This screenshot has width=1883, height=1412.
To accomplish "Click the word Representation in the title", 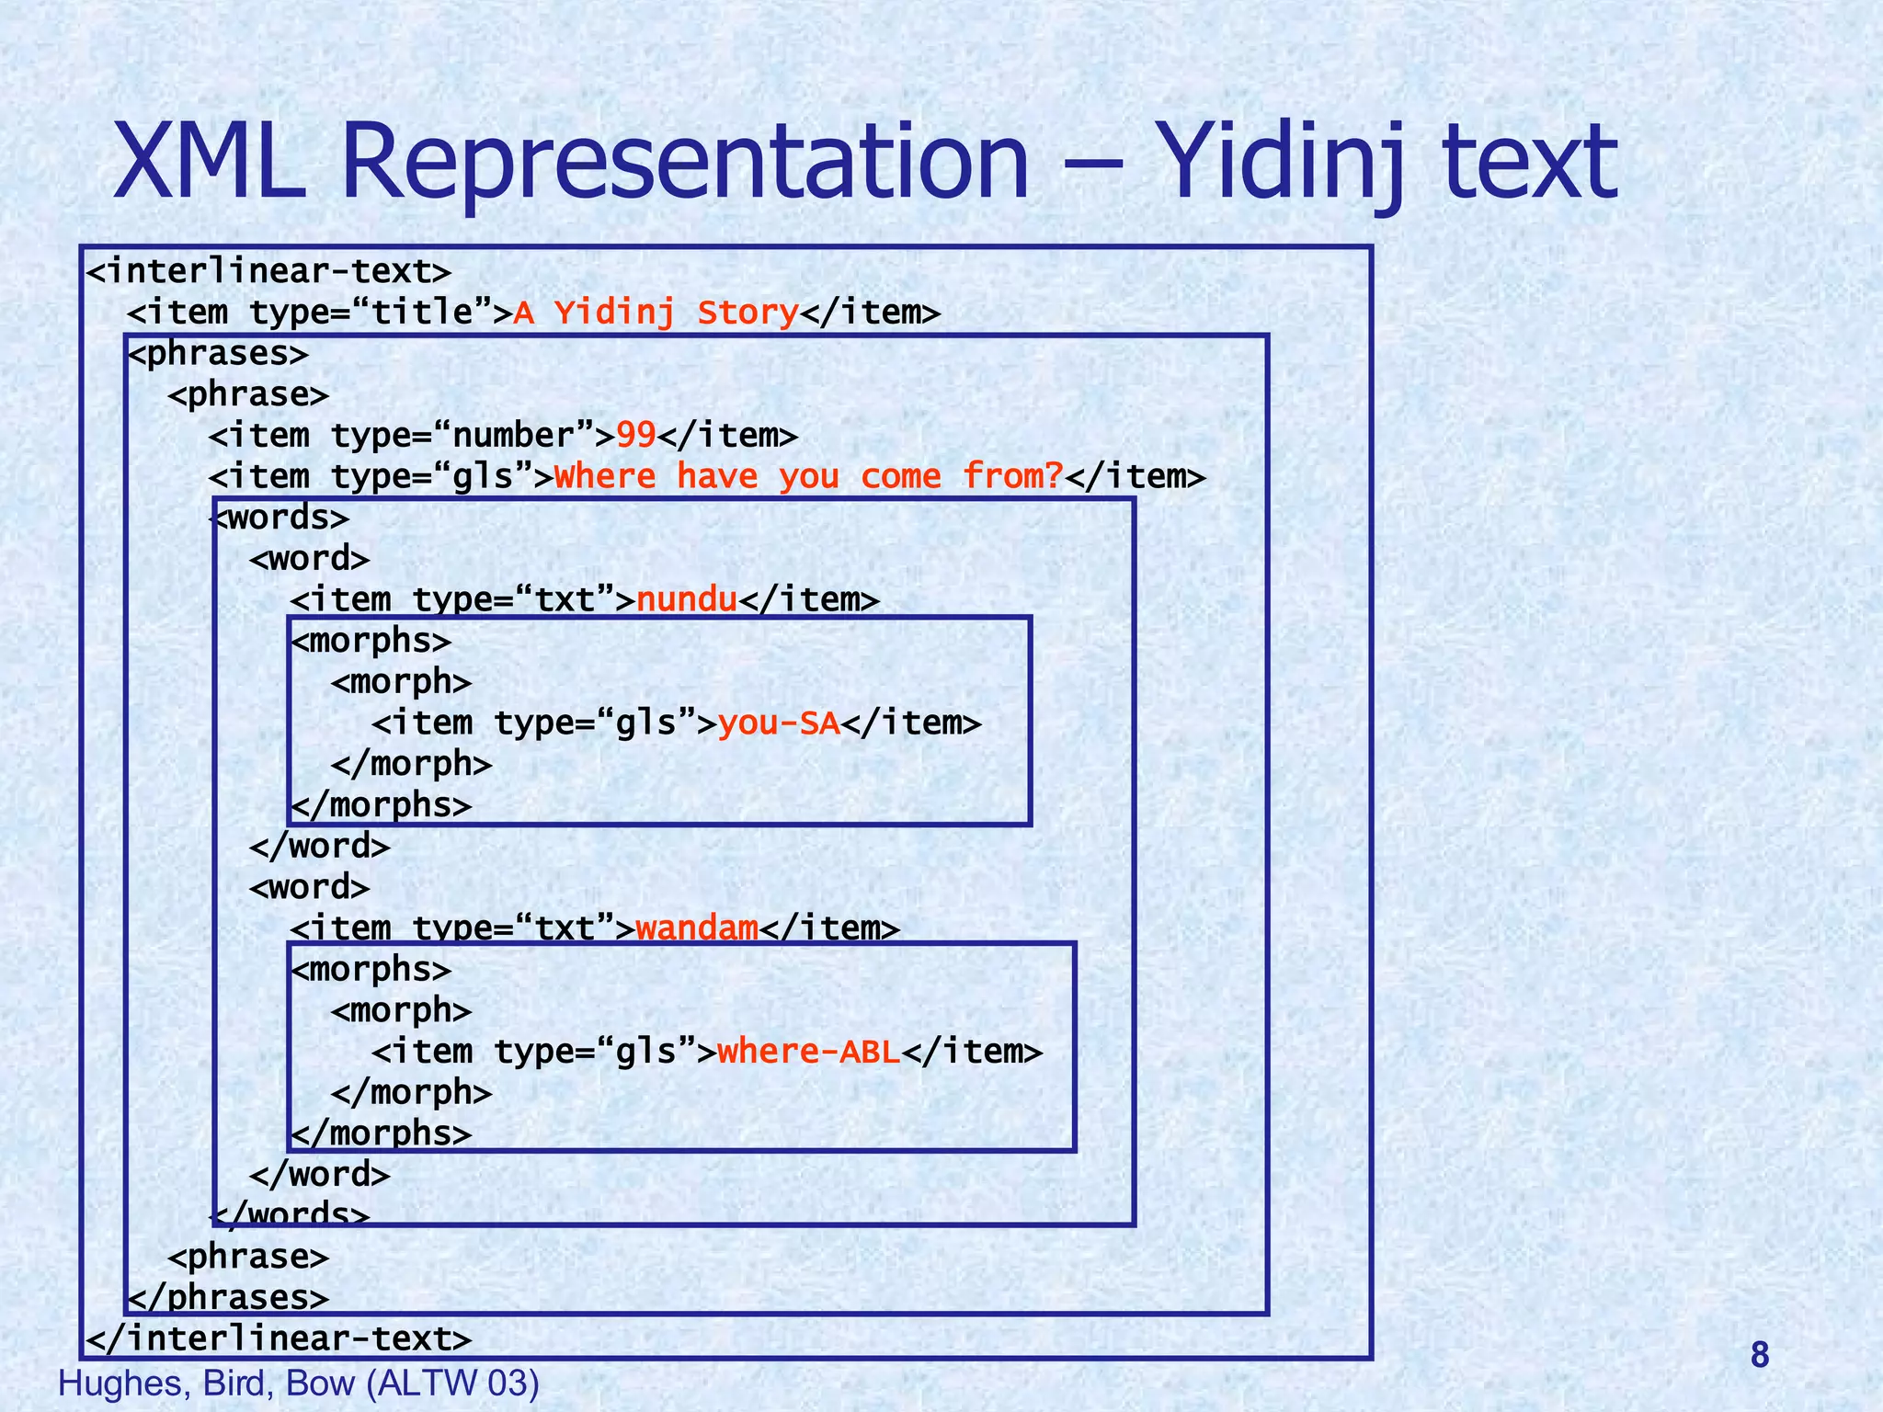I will tap(685, 164).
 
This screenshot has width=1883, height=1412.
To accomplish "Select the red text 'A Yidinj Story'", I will tap(656, 313).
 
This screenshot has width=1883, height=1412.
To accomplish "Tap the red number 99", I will tap(635, 436).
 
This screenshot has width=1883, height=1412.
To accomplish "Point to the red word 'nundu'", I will tap(687, 600).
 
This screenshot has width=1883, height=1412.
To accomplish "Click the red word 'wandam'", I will tap(697, 928).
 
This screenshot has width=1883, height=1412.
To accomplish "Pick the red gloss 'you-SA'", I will tap(779, 723).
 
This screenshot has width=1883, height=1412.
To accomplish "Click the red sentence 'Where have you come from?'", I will tap(809, 477).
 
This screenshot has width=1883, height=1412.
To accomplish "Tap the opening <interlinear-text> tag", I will tap(268, 272).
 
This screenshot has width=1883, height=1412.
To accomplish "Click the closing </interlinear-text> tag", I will tap(279, 1338).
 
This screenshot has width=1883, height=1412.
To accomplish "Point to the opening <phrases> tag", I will tap(218, 354).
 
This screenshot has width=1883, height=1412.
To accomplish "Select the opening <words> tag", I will tap(281, 518).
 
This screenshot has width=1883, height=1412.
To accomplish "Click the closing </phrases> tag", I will tap(228, 1297).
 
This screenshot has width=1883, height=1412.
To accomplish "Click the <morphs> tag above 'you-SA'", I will tap(371, 642).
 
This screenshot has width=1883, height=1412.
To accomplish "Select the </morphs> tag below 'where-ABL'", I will tap(382, 1133).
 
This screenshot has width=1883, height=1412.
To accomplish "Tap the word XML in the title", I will tap(209, 164).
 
